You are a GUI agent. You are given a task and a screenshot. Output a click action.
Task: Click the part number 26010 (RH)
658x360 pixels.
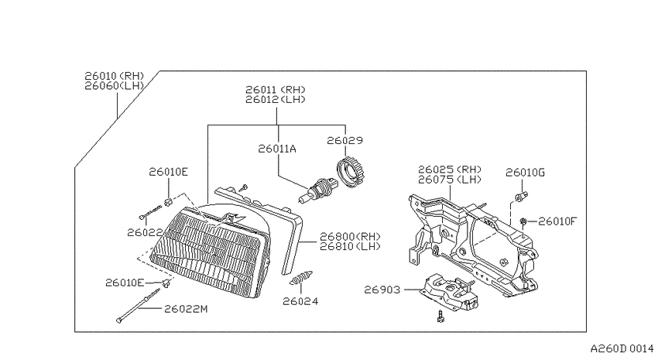(x=114, y=76)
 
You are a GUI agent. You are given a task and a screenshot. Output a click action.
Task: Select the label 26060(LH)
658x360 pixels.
(x=114, y=86)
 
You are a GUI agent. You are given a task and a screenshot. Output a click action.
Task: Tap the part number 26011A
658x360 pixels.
(x=277, y=149)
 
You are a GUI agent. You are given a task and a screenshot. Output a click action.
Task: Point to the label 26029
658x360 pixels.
(x=345, y=141)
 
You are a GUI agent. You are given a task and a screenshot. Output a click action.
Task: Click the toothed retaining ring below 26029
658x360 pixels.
(x=351, y=171)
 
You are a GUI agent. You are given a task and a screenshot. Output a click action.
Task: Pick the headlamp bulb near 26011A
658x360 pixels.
(x=317, y=191)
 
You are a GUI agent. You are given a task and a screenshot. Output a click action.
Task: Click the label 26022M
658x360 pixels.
(x=186, y=309)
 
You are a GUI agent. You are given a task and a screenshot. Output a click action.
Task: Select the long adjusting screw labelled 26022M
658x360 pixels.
(x=138, y=306)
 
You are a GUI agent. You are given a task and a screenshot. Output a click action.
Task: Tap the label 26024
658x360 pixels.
(x=300, y=301)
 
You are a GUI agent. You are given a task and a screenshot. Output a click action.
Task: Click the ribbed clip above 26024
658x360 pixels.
(x=301, y=278)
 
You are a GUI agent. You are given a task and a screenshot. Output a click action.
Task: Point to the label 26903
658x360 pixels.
(x=382, y=290)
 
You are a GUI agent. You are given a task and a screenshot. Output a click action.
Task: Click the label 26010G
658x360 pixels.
(x=525, y=173)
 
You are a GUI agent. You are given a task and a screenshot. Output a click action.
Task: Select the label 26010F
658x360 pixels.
(x=557, y=221)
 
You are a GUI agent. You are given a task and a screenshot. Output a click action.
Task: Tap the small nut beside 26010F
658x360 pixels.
(x=523, y=221)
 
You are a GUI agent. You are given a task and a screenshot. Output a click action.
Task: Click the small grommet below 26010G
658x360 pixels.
(x=521, y=196)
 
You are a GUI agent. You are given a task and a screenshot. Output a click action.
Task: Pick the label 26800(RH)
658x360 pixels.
(x=350, y=236)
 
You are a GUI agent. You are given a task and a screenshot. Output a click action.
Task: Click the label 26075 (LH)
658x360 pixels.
(x=450, y=180)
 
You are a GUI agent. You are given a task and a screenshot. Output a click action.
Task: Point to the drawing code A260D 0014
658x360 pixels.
(x=622, y=348)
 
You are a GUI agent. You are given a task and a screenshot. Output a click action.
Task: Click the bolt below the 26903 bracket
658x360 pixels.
(x=440, y=317)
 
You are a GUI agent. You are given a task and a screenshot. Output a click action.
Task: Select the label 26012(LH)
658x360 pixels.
(x=276, y=100)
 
